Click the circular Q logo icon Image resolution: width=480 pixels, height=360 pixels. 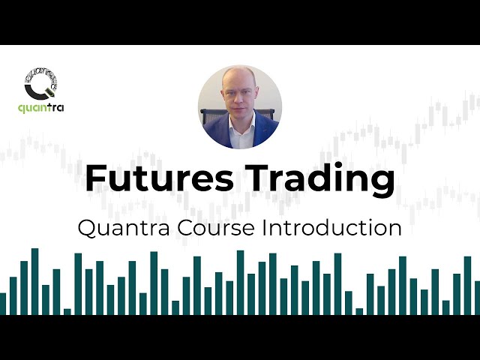coord(42,85)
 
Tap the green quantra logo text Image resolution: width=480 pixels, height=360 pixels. coord(41,108)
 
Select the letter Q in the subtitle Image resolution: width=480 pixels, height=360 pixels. coord(87,227)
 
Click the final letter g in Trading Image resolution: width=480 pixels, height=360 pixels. coord(382,184)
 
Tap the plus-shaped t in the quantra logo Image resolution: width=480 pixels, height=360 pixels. coord(50,107)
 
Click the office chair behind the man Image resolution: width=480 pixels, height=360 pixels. coord(209,116)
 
